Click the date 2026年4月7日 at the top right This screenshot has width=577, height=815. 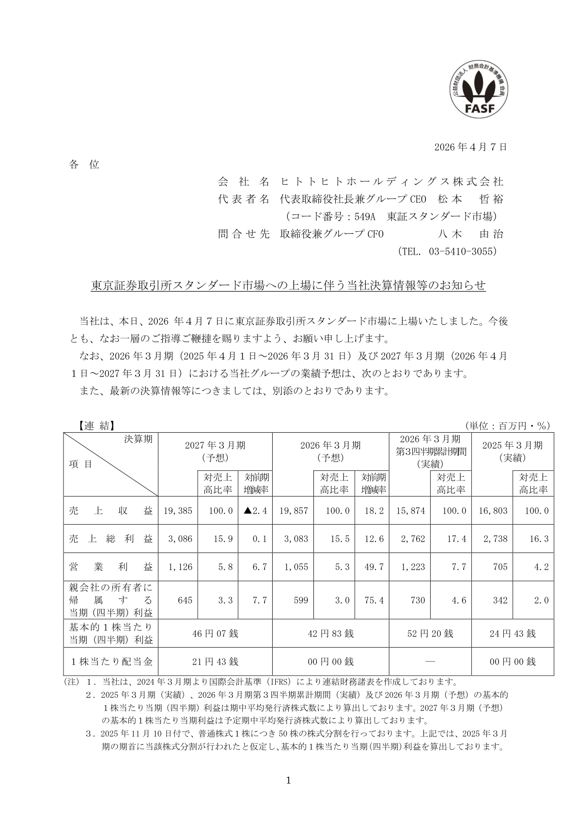pyautogui.click(x=470, y=147)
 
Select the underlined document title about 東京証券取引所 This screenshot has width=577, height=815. pyautogui.click(x=288, y=286)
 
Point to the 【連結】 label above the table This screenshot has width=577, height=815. pyautogui.click(x=95, y=425)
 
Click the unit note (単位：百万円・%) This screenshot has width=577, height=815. pyautogui.click(x=507, y=425)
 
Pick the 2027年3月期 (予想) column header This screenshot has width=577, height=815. pyautogui.click(x=215, y=451)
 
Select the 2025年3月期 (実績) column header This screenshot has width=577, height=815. pyautogui.click(x=512, y=451)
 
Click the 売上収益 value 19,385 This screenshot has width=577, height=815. pyautogui.click(x=178, y=511)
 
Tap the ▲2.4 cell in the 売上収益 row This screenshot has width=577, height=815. pyautogui.click(x=256, y=511)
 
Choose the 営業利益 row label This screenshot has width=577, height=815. pyautogui.click(x=111, y=567)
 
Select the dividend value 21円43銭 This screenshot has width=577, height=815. pyautogui.click(x=215, y=662)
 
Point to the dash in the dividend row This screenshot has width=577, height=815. pyautogui.click(x=430, y=662)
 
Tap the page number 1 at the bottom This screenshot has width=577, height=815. pyautogui.click(x=289, y=780)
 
